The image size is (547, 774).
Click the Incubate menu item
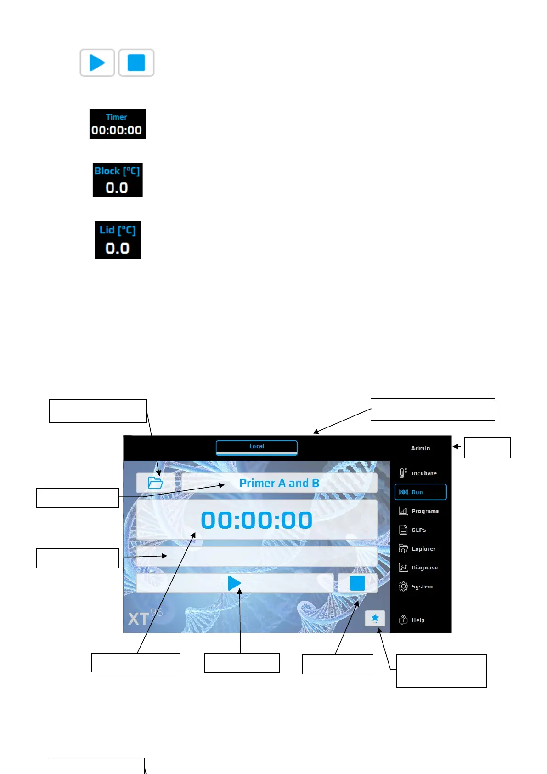418,473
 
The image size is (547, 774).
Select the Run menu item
420,492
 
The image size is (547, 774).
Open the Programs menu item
419,511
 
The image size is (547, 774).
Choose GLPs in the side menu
413,529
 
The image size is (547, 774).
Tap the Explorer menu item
417,548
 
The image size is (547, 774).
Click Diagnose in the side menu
418,568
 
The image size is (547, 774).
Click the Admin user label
420,448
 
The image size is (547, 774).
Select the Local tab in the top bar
256,447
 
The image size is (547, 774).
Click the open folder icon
156,483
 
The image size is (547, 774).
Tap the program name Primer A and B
279,483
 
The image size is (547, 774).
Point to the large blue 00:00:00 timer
256,520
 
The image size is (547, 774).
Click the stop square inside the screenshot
357,583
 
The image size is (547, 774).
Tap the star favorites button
375,618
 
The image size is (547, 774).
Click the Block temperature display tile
118,180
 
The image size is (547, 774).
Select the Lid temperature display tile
118,240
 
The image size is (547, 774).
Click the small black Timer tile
117,124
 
